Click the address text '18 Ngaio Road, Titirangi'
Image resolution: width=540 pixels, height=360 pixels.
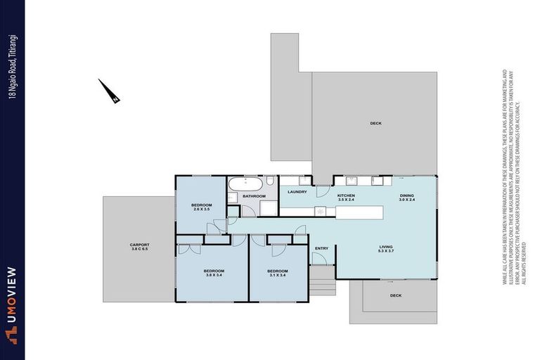(12, 67)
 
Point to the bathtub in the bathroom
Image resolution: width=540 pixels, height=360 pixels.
(245, 185)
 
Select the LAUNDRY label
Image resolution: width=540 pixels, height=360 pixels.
(296, 192)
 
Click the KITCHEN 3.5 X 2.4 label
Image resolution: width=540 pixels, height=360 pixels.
(346, 198)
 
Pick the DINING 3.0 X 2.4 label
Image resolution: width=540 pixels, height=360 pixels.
(407, 198)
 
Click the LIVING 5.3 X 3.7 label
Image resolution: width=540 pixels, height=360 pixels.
(386, 249)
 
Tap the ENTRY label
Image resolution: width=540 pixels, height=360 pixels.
(321, 248)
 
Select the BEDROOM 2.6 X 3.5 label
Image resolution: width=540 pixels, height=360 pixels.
(201, 207)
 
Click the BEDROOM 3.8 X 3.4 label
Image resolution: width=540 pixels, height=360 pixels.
(214, 273)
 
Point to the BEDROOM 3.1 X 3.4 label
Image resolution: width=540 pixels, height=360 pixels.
(278, 273)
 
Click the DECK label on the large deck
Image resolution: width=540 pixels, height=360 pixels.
(375, 124)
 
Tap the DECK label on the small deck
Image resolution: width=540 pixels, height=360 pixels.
(396, 295)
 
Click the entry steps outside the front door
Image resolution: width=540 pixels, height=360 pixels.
(323, 284)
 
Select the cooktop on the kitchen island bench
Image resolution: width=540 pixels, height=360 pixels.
(321, 210)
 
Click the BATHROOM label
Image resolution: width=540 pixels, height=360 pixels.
(253, 197)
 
